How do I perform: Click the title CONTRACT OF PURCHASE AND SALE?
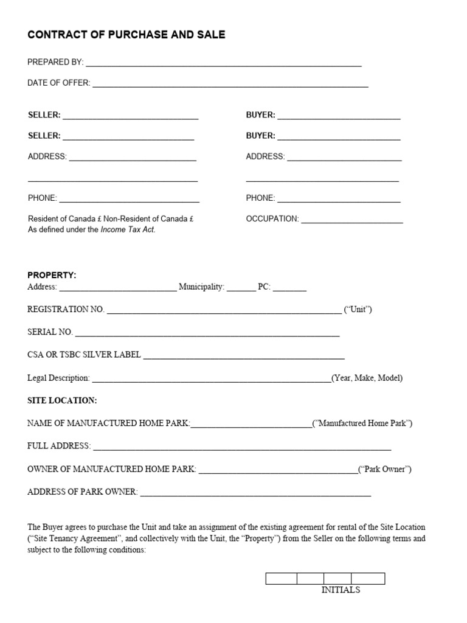click(x=126, y=35)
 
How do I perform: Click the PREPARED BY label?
click(x=55, y=62)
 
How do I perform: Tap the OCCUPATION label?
click(x=272, y=218)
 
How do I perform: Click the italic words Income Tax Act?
click(x=128, y=230)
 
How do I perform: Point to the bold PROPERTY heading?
click(x=52, y=275)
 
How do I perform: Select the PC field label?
click(x=264, y=287)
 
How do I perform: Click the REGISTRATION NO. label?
click(x=66, y=310)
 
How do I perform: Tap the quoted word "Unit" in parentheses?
click(x=358, y=310)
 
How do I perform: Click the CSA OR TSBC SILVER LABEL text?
click(x=84, y=355)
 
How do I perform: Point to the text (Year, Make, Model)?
click(x=367, y=378)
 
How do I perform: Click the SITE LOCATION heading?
click(x=62, y=400)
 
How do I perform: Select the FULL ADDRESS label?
click(x=59, y=446)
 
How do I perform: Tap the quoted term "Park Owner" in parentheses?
click(x=385, y=469)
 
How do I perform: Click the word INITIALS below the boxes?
click(x=341, y=590)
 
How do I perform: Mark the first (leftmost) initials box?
click(x=281, y=579)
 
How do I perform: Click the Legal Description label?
click(x=58, y=378)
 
